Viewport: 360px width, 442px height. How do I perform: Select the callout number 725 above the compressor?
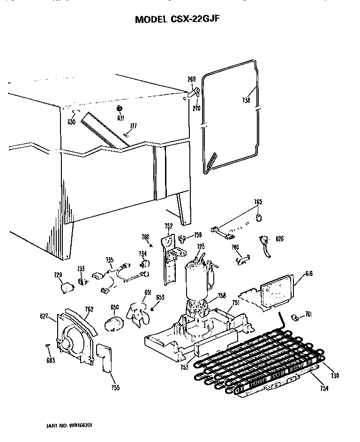(x=200, y=247)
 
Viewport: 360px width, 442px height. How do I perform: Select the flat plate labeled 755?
(x=104, y=359)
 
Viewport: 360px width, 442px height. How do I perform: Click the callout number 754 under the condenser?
(x=324, y=388)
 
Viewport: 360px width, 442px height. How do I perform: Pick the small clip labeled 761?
(x=295, y=317)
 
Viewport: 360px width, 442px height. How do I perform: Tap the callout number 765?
(x=258, y=202)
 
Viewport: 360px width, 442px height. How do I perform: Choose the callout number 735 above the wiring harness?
(x=109, y=260)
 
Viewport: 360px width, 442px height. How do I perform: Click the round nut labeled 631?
(x=119, y=109)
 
